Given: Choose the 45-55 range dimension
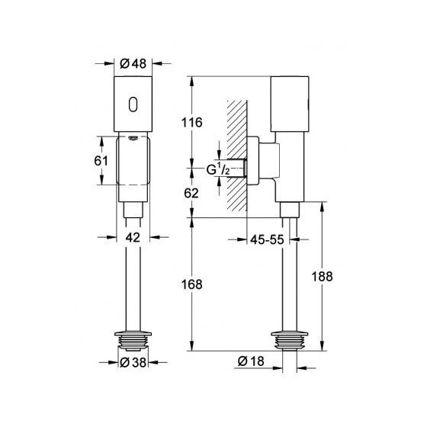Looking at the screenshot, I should pos(266,239).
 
